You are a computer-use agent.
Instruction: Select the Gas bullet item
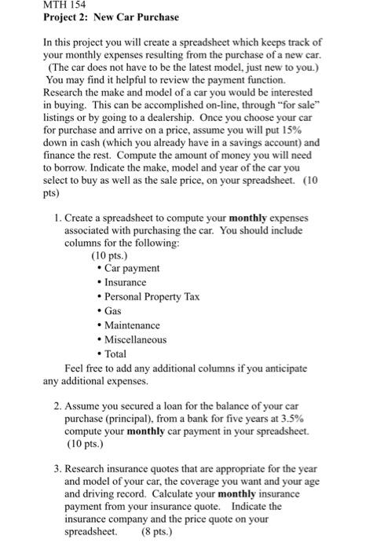click(x=115, y=311)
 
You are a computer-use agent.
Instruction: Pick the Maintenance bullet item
click(x=131, y=325)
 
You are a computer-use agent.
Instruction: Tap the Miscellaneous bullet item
click(x=135, y=340)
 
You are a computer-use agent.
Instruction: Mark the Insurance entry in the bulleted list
click(x=125, y=282)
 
